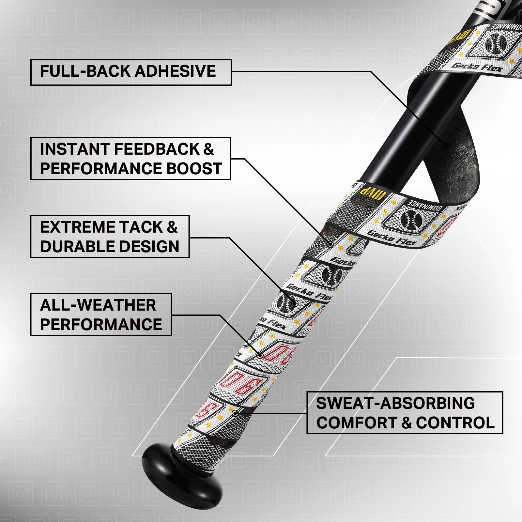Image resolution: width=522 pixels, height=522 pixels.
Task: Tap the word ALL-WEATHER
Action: (98, 305)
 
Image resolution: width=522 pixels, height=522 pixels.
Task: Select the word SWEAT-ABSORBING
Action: (395, 403)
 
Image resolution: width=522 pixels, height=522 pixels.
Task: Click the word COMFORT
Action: (357, 423)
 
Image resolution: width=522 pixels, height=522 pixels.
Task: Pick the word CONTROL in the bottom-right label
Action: (455, 423)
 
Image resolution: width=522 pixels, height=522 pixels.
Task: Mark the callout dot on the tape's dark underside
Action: (446, 146)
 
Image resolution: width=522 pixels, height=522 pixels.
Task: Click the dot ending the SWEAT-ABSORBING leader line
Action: (235, 413)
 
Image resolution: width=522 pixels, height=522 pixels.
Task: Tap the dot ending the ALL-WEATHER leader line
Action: (260, 355)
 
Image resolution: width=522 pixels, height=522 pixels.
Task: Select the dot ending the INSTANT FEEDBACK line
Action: (330, 244)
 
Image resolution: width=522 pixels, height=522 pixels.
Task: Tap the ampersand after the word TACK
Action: (172, 227)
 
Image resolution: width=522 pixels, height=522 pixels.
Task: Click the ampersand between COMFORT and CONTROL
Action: (407, 423)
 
